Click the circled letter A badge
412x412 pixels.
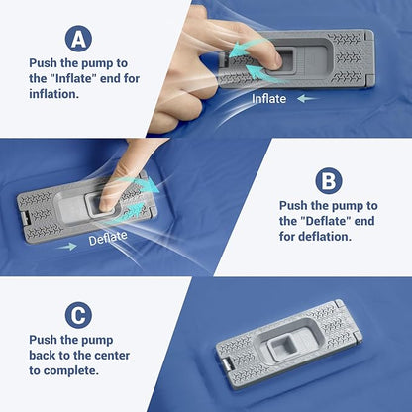pos(78,39)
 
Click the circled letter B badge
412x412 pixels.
pos(329,181)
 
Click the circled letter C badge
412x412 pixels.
pos(78,315)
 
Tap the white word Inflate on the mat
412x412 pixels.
pos(268,99)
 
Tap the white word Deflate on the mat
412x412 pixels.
pos(108,238)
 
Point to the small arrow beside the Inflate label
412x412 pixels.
pos(307,98)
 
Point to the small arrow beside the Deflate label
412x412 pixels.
pos(66,247)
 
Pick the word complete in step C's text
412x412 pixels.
pos(71,371)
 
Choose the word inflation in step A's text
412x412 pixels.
pos(54,94)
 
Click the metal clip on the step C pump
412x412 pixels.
pos(227,364)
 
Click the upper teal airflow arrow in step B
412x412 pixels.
pos(143,184)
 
